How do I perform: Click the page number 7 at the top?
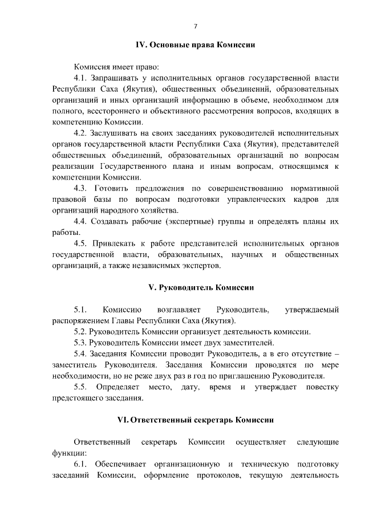(x=195, y=26)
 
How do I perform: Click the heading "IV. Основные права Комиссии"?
(x=194, y=44)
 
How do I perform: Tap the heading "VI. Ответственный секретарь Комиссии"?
(x=195, y=420)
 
